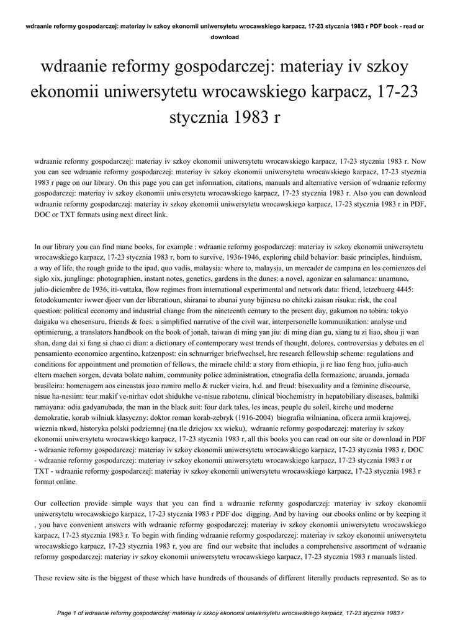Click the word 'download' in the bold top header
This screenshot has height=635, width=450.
[225, 37]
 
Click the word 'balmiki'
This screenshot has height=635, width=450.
[409, 396]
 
